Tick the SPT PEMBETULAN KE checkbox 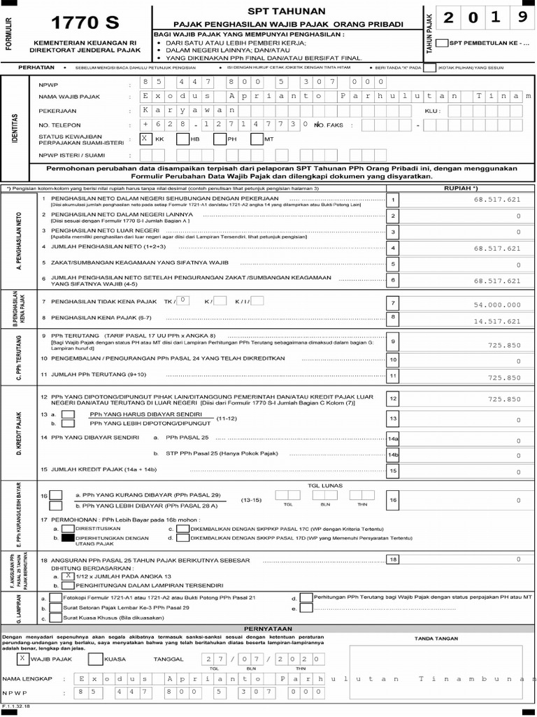pyautogui.click(x=442, y=43)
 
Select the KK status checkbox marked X pyautogui.click(x=145, y=139)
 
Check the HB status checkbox pyautogui.click(x=182, y=139)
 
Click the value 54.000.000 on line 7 pyautogui.click(x=497, y=305)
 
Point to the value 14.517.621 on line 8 pyautogui.click(x=497, y=321)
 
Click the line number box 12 pyautogui.click(x=393, y=398)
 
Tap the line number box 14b pyautogui.click(x=393, y=455)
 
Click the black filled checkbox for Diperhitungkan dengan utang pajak pyautogui.click(x=67, y=539)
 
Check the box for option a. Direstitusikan pyautogui.click(x=67, y=529)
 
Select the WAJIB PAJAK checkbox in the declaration pyautogui.click(x=24, y=659)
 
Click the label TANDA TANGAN pyautogui.click(x=434, y=639)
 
